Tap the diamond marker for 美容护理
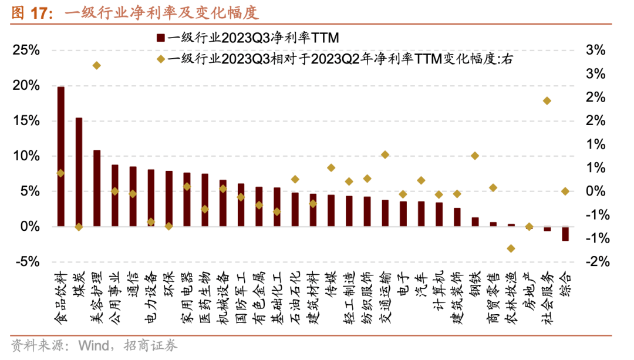pos(97,65)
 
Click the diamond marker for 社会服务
pos(547,101)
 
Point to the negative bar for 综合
pos(565,234)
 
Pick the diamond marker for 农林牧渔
pos(511,248)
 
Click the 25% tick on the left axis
pos(27,51)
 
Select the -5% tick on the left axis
pos(27,262)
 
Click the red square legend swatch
pos(160,39)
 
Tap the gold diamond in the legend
pos(160,59)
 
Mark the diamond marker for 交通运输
pos(385,154)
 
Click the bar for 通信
pos(133,196)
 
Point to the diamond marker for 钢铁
pos(475,156)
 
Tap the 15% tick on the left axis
pos(27,121)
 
